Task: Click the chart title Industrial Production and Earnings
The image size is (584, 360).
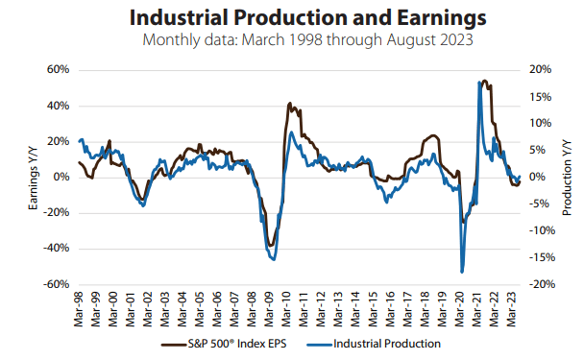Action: tap(293, 18)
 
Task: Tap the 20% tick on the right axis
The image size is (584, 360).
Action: tap(540, 70)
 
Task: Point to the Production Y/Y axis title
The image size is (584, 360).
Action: tap(566, 177)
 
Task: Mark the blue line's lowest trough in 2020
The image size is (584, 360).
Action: tap(462, 272)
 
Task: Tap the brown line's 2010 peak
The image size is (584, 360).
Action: tap(290, 104)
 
